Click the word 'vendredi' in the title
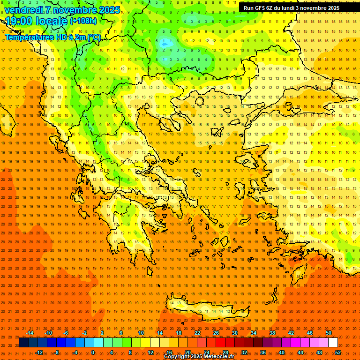23,10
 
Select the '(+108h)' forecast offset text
83,21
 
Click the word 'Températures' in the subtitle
29,37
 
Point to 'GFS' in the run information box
262,8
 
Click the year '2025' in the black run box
332,8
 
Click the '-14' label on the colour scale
29,333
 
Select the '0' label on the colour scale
93,352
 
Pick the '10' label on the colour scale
141,333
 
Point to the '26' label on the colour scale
216,333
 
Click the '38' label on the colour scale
272,333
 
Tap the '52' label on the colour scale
338,352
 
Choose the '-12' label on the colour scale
38,352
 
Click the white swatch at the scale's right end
333,343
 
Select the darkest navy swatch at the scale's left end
24,343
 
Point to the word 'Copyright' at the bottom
177,357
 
